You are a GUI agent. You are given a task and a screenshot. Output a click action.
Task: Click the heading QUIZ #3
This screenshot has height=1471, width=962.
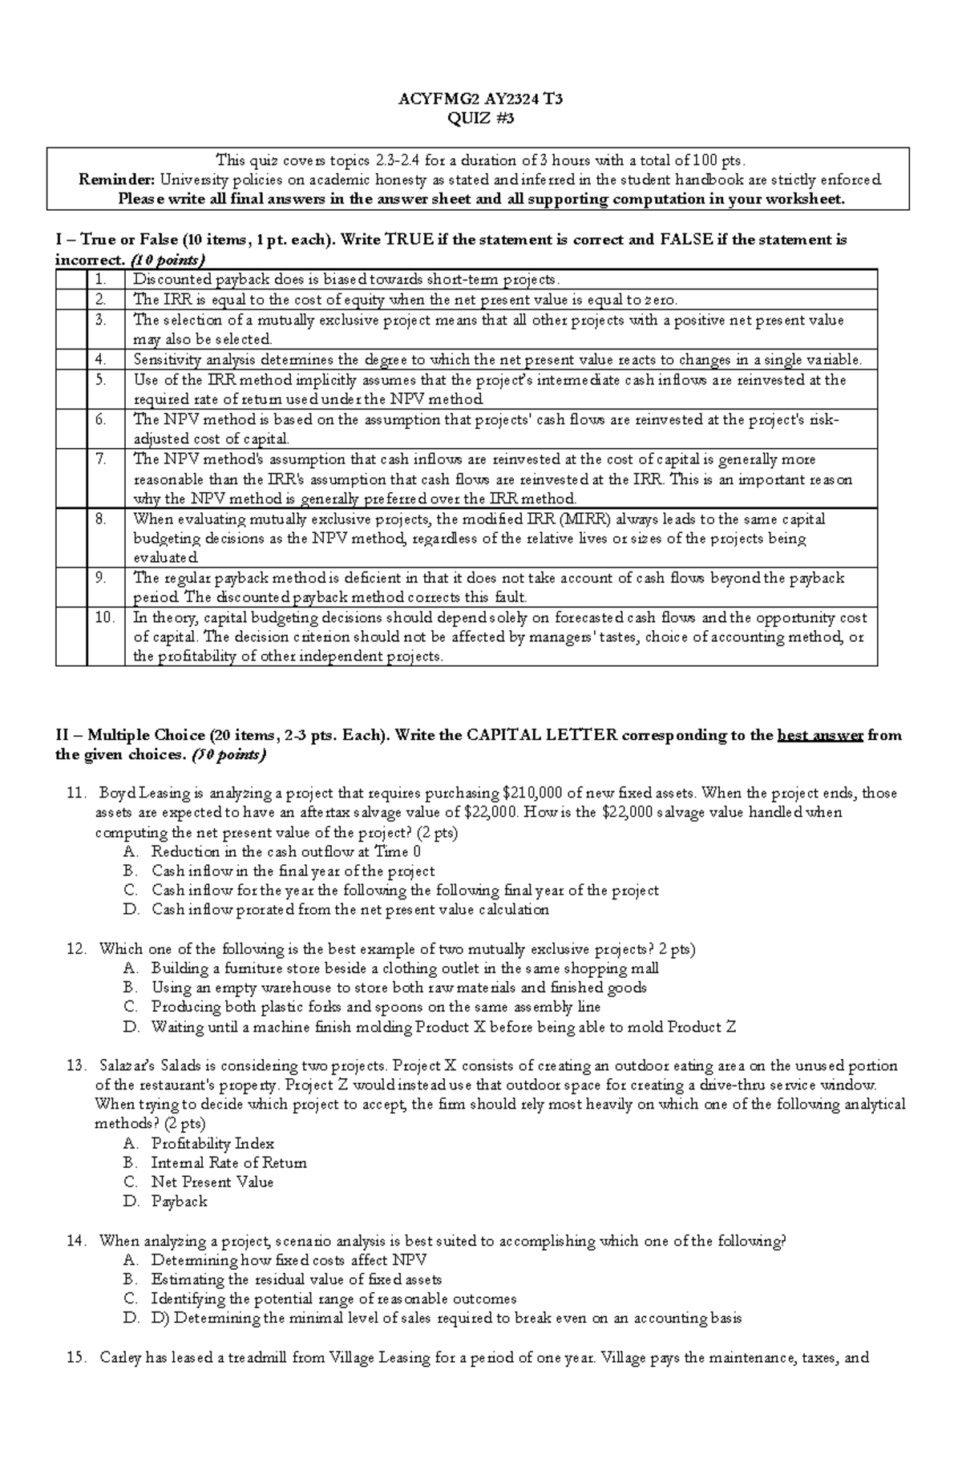coord(480,119)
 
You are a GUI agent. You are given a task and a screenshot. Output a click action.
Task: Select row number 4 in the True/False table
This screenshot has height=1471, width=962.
coord(100,359)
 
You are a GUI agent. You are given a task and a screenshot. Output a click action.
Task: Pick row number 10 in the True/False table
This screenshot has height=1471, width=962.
coord(104,618)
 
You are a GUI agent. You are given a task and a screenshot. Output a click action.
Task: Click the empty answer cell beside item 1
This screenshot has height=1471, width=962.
coord(71,280)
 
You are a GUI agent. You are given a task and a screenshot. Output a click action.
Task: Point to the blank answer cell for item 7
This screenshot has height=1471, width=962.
coord(71,479)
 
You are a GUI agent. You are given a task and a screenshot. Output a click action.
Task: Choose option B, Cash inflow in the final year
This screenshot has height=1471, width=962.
coord(293,871)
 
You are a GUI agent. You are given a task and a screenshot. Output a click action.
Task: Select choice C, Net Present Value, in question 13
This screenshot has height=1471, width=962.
coord(212,1182)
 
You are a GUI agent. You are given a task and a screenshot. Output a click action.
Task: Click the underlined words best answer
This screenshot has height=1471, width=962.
coord(819,735)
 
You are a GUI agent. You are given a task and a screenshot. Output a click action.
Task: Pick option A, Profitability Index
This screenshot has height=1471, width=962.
coord(212,1144)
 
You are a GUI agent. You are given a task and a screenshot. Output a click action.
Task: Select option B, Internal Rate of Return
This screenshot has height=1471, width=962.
coord(228,1163)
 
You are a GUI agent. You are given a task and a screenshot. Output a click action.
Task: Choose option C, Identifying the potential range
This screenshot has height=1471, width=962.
coord(333,1299)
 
